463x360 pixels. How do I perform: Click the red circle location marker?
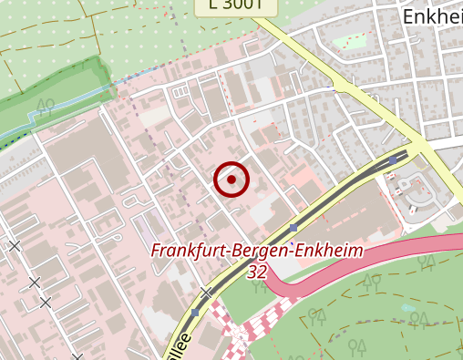pyautogui.click(x=231, y=180)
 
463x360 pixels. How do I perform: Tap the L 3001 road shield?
pyautogui.click(x=236, y=5)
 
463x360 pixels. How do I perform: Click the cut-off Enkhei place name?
pyautogui.click(x=431, y=16)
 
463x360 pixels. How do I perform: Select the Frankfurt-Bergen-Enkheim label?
pyautogui.click(x=257, y=251)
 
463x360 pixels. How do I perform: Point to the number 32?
pyautogui.click(x=257, y=272)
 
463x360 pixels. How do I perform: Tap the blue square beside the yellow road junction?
pyautogui.click(x=393, y=159)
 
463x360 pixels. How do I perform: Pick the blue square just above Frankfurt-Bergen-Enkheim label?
pyautogui.click(x=293, y=227)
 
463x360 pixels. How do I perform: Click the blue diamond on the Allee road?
pyautogui.click(x=196, y=312)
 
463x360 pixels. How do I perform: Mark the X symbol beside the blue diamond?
pyautogui.click(x=207, y=293)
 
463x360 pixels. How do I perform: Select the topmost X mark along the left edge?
pyautogui.click(x=15, y=245)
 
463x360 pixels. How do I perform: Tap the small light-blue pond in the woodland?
pyautogui.click(x=406, y=308)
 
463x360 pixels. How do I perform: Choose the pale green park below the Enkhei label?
pyautogui.click(x=349, y=41)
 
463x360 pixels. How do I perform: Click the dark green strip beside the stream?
pyautogui.click(x=64, y=91)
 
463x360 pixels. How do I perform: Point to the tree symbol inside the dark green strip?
pyautogui.click(x=46, y=102)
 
